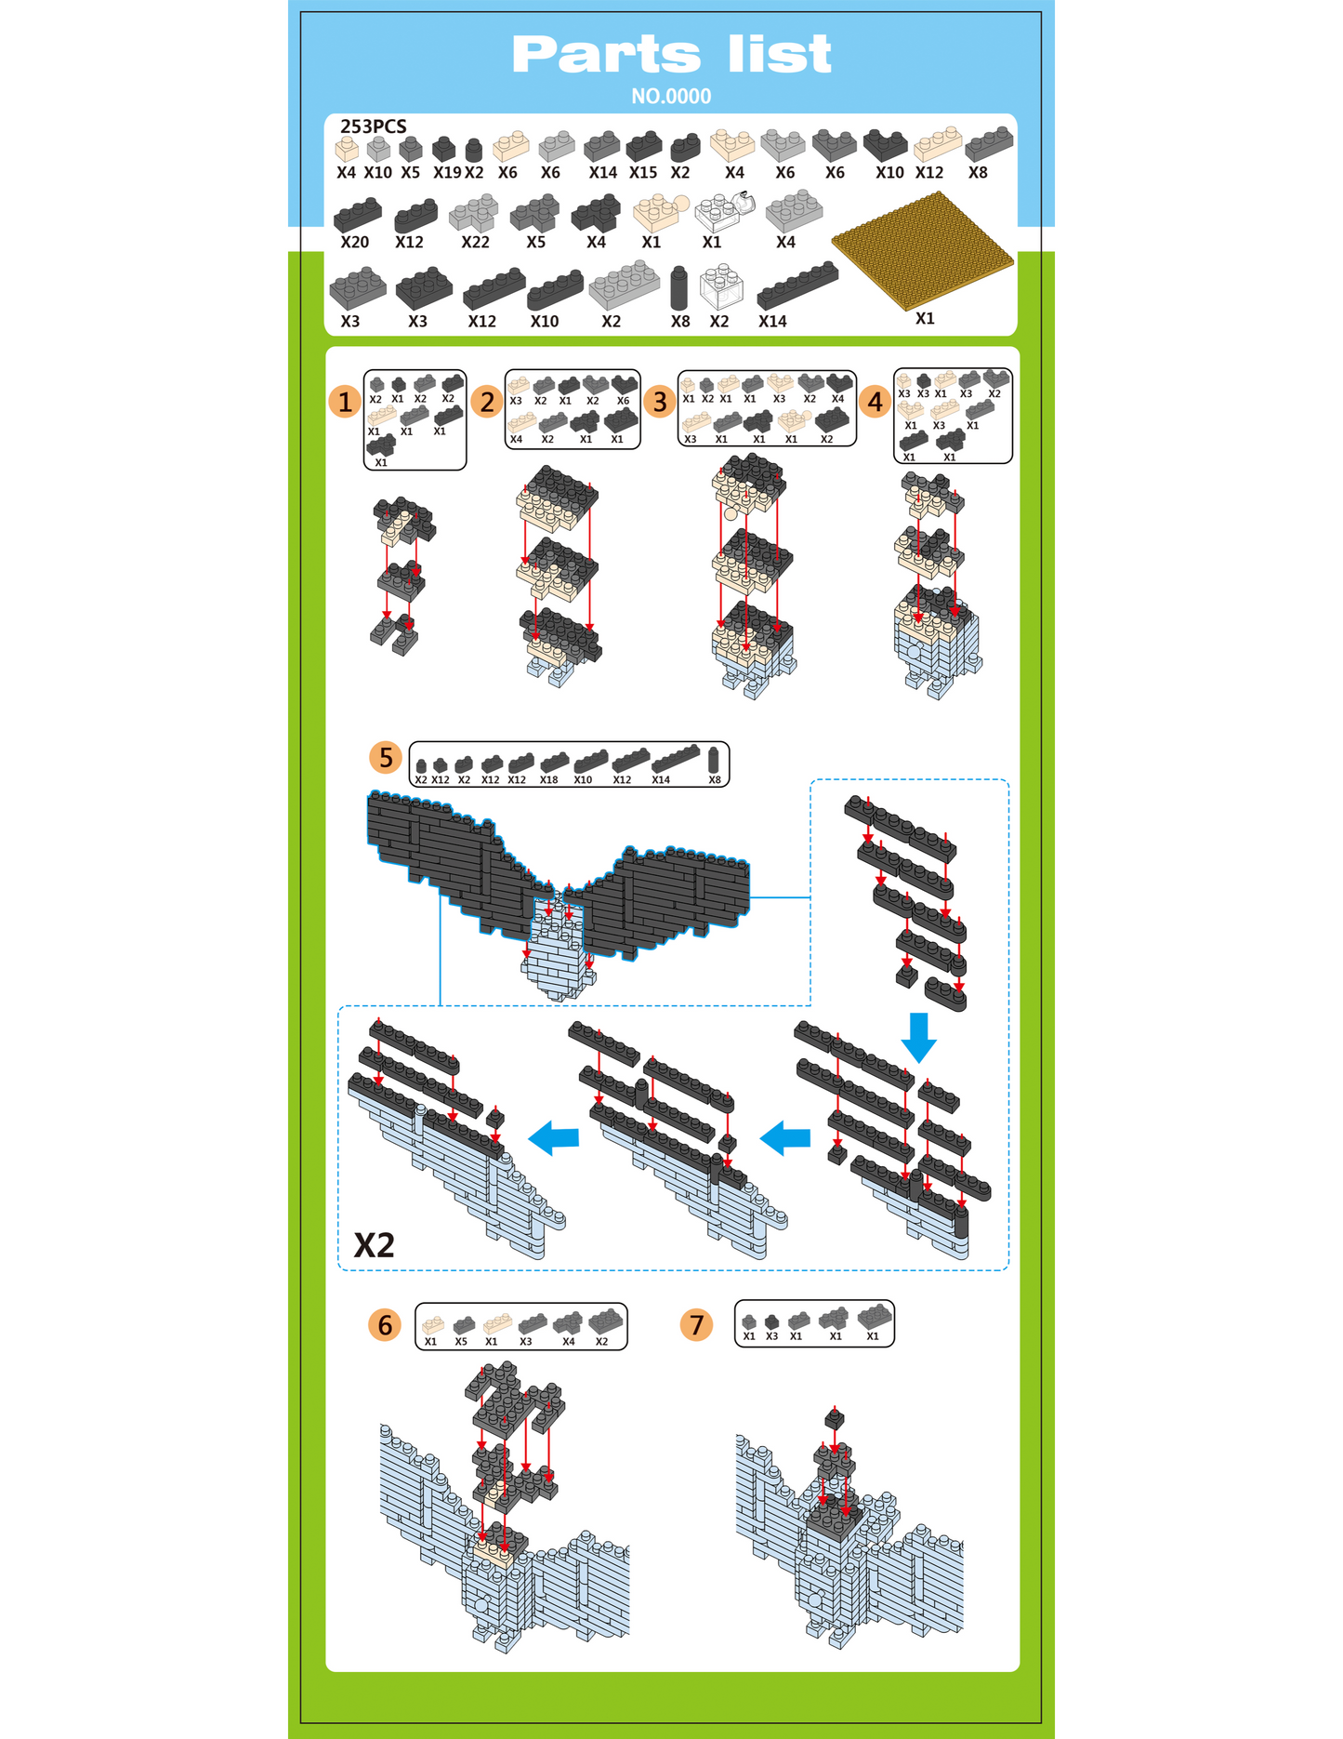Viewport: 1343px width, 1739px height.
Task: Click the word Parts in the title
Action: [606, 55]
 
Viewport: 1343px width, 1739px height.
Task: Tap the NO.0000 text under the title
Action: [671, 96]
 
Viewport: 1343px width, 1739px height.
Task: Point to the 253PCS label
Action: [374, 126]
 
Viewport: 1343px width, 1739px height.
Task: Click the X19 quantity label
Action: [446, 172]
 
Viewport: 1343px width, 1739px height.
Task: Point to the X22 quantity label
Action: [475, 242]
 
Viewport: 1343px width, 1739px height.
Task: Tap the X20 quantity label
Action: [354, 242]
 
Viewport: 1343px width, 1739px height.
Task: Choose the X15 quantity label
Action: [642, 172]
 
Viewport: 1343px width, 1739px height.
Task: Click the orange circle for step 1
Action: [345, 402]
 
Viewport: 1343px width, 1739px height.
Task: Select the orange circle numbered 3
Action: [660, 402]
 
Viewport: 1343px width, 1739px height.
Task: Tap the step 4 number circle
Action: [875, 402]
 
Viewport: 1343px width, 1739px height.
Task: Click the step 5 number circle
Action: [386, 758]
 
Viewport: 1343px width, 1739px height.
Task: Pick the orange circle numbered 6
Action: [385, 1324]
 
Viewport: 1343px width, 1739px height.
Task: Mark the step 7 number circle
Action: [697, 1324]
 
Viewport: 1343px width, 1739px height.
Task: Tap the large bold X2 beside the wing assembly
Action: [375, 1244]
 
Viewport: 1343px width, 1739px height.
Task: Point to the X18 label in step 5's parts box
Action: [549, 779]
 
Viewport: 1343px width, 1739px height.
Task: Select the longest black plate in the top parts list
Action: [797, 285]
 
